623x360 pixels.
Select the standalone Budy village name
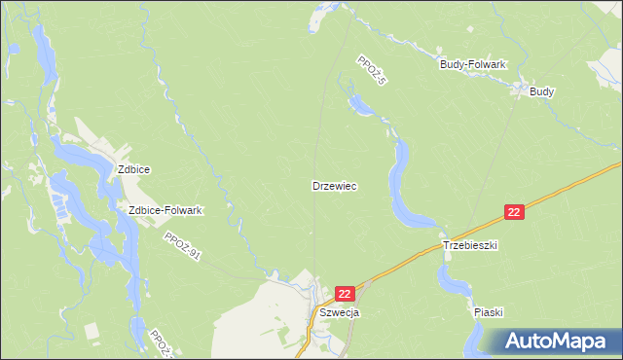(542, 91)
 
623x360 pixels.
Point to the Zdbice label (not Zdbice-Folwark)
(133, 169)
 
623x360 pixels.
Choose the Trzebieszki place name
(470, 246)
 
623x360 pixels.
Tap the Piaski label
(488, 312)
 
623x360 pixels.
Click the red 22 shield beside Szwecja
(346, 292)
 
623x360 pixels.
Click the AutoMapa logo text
(568, 342)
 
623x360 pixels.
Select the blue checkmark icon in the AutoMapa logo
(516, 340)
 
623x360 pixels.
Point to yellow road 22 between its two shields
(428, 252)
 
